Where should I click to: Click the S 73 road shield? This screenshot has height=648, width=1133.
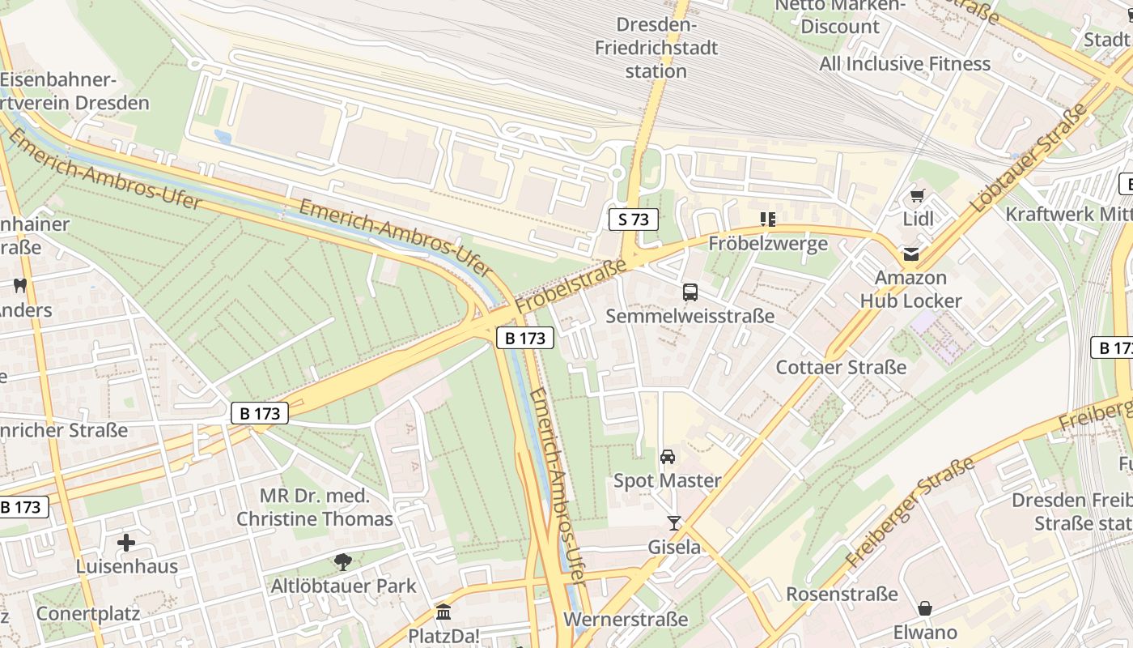[634, 219]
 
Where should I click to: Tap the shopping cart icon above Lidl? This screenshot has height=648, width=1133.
[917, 195]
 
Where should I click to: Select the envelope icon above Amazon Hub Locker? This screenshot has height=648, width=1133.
[911, 254]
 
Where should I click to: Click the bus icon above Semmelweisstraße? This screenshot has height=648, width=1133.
[690, 292]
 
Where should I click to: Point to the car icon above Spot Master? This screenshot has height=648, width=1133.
[668, 457]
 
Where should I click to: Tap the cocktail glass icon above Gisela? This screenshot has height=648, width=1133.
[673, 523]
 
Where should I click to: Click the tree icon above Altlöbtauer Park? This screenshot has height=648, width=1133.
[343, 561]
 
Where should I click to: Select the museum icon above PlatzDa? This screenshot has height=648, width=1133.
[443, 612]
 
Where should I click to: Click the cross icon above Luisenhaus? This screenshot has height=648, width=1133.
[126, 542]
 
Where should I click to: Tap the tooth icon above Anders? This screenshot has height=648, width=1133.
[20, 285]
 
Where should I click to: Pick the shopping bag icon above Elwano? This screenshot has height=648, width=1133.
[925, 608]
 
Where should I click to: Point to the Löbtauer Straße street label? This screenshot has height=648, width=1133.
[1029, 159]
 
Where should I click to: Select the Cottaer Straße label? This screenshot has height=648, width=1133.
[841, 367]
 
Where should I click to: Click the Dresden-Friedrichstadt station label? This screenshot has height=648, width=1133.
[656, 48]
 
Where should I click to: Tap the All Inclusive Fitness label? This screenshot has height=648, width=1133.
[905, 63]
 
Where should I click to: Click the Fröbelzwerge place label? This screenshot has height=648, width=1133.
[768, 243]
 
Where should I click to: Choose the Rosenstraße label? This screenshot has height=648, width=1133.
[842, 594]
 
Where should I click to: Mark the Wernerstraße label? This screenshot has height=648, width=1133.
[626, 620]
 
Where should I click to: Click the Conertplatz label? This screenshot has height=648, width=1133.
[87, 613]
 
